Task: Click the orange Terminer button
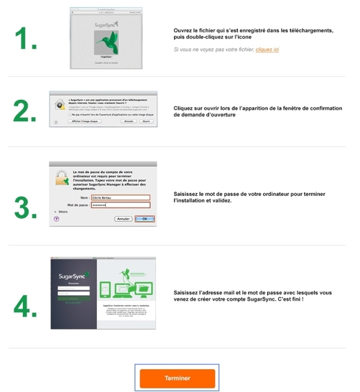click(177, 377)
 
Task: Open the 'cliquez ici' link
click(267, 50)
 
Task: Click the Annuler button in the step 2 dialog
click(129, 122)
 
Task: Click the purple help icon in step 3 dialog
click(56, 218)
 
